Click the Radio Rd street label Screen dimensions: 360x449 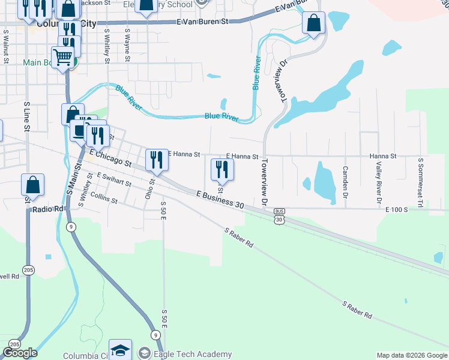click(x=51, y=209)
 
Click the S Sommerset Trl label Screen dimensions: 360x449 click(x=421, y=181)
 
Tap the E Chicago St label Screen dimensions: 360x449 click(x=110, y=158)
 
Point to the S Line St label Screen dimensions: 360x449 click(x=27, y=116)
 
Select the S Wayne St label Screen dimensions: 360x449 click(x=127, y=44)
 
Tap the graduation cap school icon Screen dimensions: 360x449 click(x=120, y=350)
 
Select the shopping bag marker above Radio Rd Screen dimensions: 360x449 click(x=33, y=184)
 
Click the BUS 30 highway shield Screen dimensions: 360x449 click(x=279, y=216)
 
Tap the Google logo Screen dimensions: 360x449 click(x=20, y=352)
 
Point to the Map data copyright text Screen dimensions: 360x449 click(x=411, y=355)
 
